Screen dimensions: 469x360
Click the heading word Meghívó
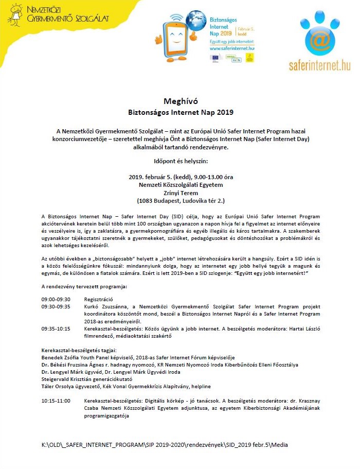(x=180, y=100)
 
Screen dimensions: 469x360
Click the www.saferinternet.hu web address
(x=232, y=47)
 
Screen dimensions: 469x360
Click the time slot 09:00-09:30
(x=56, y=299)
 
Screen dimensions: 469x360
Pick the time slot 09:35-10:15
(x=56, y=327)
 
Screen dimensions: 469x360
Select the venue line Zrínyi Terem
(x=180, y=193)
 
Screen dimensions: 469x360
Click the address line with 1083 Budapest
(x=180, y=201)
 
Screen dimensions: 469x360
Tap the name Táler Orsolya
(x=59, y=386)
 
